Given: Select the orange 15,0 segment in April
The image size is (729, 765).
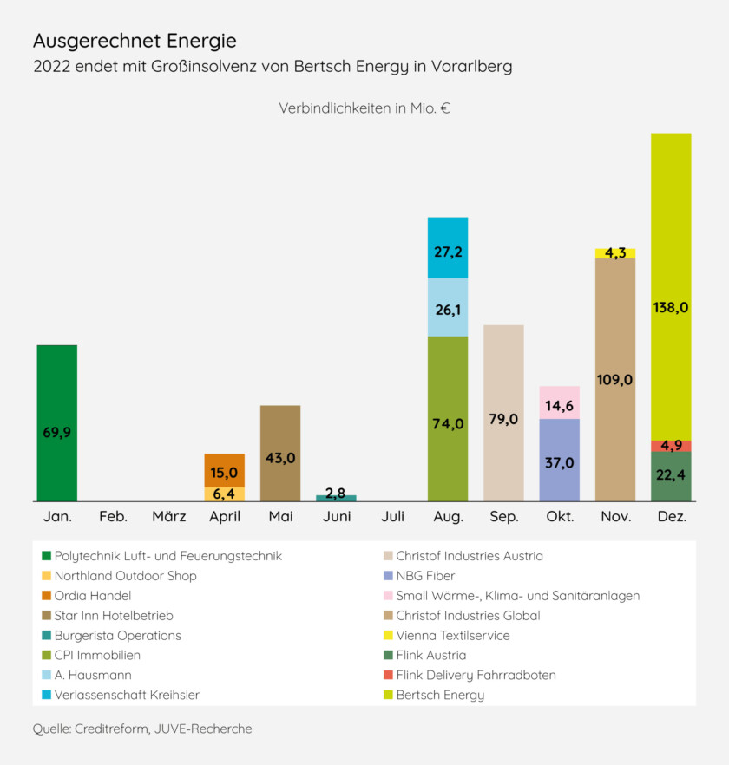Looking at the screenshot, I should tap(225, 470).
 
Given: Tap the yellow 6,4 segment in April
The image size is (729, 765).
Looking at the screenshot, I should tap(225, 494).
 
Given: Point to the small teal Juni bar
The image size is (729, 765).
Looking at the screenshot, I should tap(336, 498).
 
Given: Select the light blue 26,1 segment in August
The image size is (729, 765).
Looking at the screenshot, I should tap(448, 307).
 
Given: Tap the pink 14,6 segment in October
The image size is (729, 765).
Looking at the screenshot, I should tap(560, 402).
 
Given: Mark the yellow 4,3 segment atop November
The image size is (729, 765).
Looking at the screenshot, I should tap(615, 253).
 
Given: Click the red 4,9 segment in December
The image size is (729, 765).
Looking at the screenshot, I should tap(671, 446).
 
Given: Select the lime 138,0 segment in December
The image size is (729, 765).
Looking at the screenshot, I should tap(671, 286).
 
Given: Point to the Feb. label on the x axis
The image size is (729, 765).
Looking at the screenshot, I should tap(114, 517).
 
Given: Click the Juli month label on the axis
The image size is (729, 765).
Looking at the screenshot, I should tap(392, 517).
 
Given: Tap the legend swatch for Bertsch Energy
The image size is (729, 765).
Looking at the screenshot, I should tap(388, 695).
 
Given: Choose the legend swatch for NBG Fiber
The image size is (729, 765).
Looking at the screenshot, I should tap(388, 576).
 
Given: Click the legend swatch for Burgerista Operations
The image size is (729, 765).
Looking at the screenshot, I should tap(46, 636).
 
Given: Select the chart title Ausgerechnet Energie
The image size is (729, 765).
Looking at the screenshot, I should tap(135, 41).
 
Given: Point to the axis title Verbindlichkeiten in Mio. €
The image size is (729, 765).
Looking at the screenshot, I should tap(364, 108).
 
